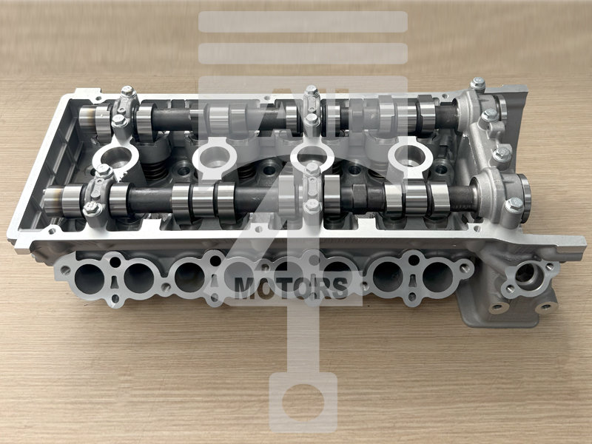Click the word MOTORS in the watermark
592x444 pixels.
(291, 288)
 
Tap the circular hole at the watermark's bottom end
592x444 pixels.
(303, 403)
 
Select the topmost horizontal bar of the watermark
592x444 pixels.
(303, 21)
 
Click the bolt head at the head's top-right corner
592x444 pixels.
(478, 84)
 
